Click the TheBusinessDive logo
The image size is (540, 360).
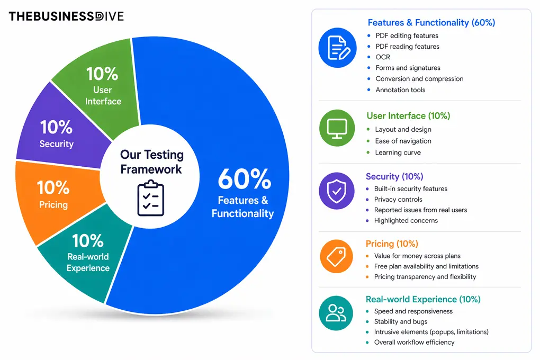point(66,16)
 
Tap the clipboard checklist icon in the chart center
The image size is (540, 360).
point(150,199)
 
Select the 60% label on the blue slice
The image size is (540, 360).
point(245,179)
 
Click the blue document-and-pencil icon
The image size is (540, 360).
point(338,48)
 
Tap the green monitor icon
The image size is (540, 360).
point(337,128)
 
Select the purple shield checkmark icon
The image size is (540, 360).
point(337,191)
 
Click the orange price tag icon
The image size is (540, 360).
point(337,256)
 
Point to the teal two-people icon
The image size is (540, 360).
point(336,313)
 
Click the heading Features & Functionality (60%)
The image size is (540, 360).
point(431,23)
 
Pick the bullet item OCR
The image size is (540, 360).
point(383,57)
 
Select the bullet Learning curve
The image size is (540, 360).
point(398,152)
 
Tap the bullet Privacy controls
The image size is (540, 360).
point(398,199)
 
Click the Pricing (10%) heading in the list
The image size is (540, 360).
point(392,244)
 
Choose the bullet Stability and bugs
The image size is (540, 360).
point(401,321)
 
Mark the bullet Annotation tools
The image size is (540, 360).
point(400,89)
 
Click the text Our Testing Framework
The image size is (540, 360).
point(151,162)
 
